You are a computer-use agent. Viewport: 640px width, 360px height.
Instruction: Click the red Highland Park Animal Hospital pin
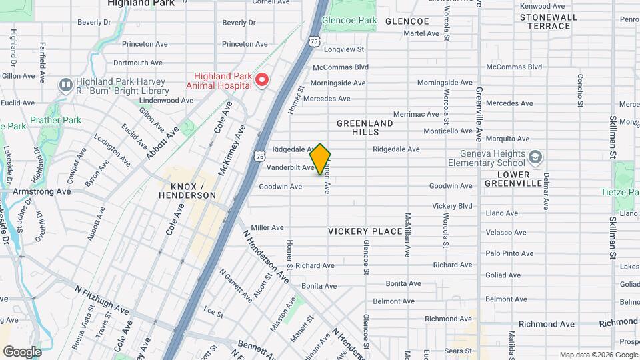coord(261,81)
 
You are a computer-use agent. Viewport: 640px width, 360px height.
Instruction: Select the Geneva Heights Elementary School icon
coord(535,157)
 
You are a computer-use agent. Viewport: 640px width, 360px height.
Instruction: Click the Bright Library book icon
coord(65,85)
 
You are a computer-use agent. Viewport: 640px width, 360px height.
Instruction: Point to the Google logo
coord(22,351)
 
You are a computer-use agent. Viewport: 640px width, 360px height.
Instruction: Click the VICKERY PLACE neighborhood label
coord(365,231)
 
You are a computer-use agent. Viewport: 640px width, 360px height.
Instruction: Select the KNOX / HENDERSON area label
coord(187,190)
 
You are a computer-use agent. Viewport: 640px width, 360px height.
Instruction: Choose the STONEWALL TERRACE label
coord(545,21)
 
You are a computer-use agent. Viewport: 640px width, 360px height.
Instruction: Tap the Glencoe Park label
coord(349,21)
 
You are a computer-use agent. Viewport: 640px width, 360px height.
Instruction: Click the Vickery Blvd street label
coord(452,206)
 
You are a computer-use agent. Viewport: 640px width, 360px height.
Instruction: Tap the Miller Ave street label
coord(267,227)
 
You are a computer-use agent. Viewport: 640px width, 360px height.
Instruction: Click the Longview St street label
coord(343,49)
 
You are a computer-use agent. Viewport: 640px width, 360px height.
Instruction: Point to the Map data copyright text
coord(597,355)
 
